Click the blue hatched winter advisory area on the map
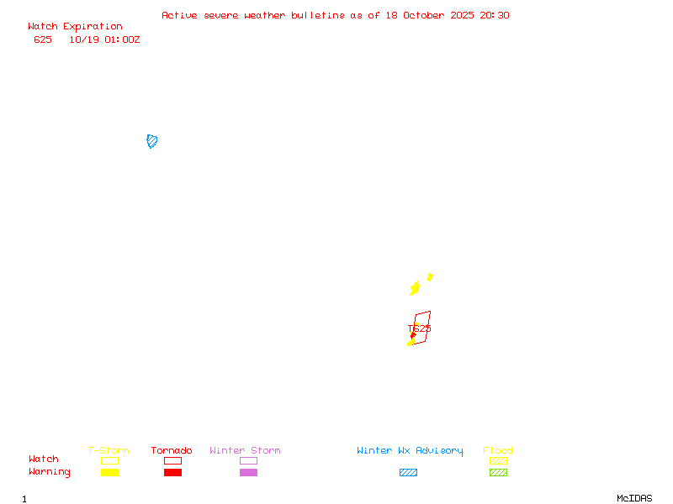(x=152, y=141)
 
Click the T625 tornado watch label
(x=419, y=328)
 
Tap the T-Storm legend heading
(x=109, y=451)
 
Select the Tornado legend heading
(x=172, y=451)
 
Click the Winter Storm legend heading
(x=245, y=451)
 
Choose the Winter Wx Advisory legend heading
(x=410, y=451)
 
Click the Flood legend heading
(x=498, y=451)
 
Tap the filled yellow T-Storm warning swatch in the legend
(x=109, y=472)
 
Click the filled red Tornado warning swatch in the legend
(x=172, y=472)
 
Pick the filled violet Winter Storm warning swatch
(x=248, y=472)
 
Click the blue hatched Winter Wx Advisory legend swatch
(x=408, y=472)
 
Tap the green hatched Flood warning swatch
(x=498, y=472)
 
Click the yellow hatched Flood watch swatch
(x=498, y=460)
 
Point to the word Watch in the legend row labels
(x=44, y=459)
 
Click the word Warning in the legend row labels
(x=50, y=472)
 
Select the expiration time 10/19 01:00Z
(x=104, y=39)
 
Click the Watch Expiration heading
(x=75, y=27)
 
